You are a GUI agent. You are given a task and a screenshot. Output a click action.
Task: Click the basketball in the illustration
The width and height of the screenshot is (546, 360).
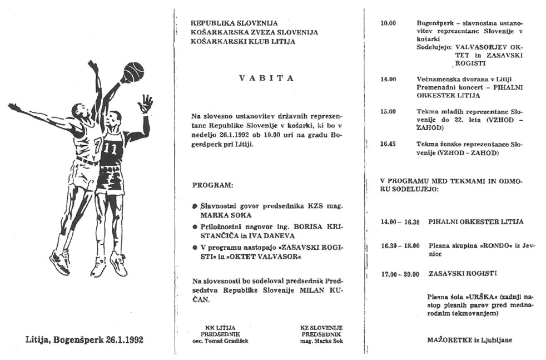(x=133, y=71)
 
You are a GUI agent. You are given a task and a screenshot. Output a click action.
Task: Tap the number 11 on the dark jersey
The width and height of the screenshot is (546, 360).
(x=110, y=149)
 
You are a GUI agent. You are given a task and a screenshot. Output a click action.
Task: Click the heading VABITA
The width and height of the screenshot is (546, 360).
(x=266, y=78)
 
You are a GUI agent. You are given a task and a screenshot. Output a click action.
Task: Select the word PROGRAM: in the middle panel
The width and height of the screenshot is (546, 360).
(x=213, y=184)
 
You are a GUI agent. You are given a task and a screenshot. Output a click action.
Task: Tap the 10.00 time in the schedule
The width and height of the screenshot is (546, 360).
(x=388, y=23)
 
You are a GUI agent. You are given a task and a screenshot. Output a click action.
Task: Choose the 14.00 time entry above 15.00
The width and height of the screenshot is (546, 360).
(x=388, y=79)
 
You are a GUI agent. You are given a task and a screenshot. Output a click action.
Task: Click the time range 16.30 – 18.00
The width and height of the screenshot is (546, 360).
(x=400, y=245)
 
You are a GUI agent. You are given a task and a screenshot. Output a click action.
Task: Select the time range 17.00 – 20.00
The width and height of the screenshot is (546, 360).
(x=400, y=273)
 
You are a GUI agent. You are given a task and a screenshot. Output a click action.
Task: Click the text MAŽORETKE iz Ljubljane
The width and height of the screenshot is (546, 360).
(x=469, y=340)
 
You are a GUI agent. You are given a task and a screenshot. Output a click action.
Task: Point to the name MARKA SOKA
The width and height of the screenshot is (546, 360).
(x=226, y=214)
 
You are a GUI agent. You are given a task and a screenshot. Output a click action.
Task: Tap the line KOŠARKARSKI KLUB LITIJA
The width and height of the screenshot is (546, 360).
(x=243, y=41)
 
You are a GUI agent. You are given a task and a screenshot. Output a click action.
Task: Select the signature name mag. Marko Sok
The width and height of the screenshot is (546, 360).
(x=321, y=341)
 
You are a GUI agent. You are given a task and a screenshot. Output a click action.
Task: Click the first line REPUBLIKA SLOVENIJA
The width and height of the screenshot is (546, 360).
(x=234, y=23)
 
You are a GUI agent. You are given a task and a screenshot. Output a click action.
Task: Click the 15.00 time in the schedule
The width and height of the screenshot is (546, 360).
(x=388, y=111)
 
